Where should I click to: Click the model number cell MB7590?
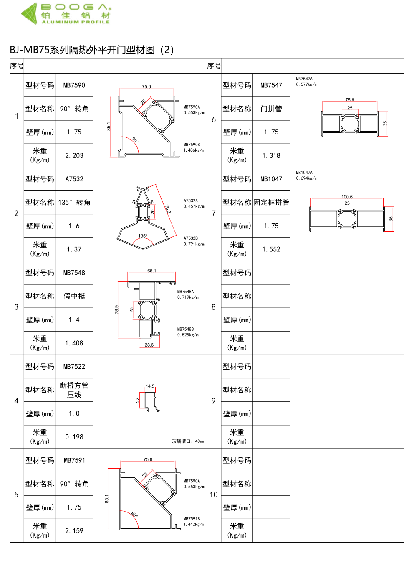[74, 85]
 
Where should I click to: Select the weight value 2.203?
[74, 155]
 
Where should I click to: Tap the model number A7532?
[74, 179]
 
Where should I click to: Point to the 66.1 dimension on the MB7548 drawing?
[151, 271]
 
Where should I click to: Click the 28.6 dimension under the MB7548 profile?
[149, 345]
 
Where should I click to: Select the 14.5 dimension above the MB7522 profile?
[150, 386]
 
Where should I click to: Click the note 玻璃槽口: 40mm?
[188, 441]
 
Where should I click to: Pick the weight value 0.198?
[74, 437]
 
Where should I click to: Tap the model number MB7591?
[74, 460]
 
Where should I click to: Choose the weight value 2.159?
[74, 531]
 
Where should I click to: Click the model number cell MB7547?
[271, 85]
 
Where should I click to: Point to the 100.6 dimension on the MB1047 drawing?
[347, 197]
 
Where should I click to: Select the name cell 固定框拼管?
[271, 203]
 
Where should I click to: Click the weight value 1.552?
[271, 249]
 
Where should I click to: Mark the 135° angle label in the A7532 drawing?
[143, 236]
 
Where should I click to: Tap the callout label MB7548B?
[185, 329]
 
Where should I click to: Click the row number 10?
[214, 495]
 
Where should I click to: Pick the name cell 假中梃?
[74, 296]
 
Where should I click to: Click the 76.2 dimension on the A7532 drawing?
[168, 209]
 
